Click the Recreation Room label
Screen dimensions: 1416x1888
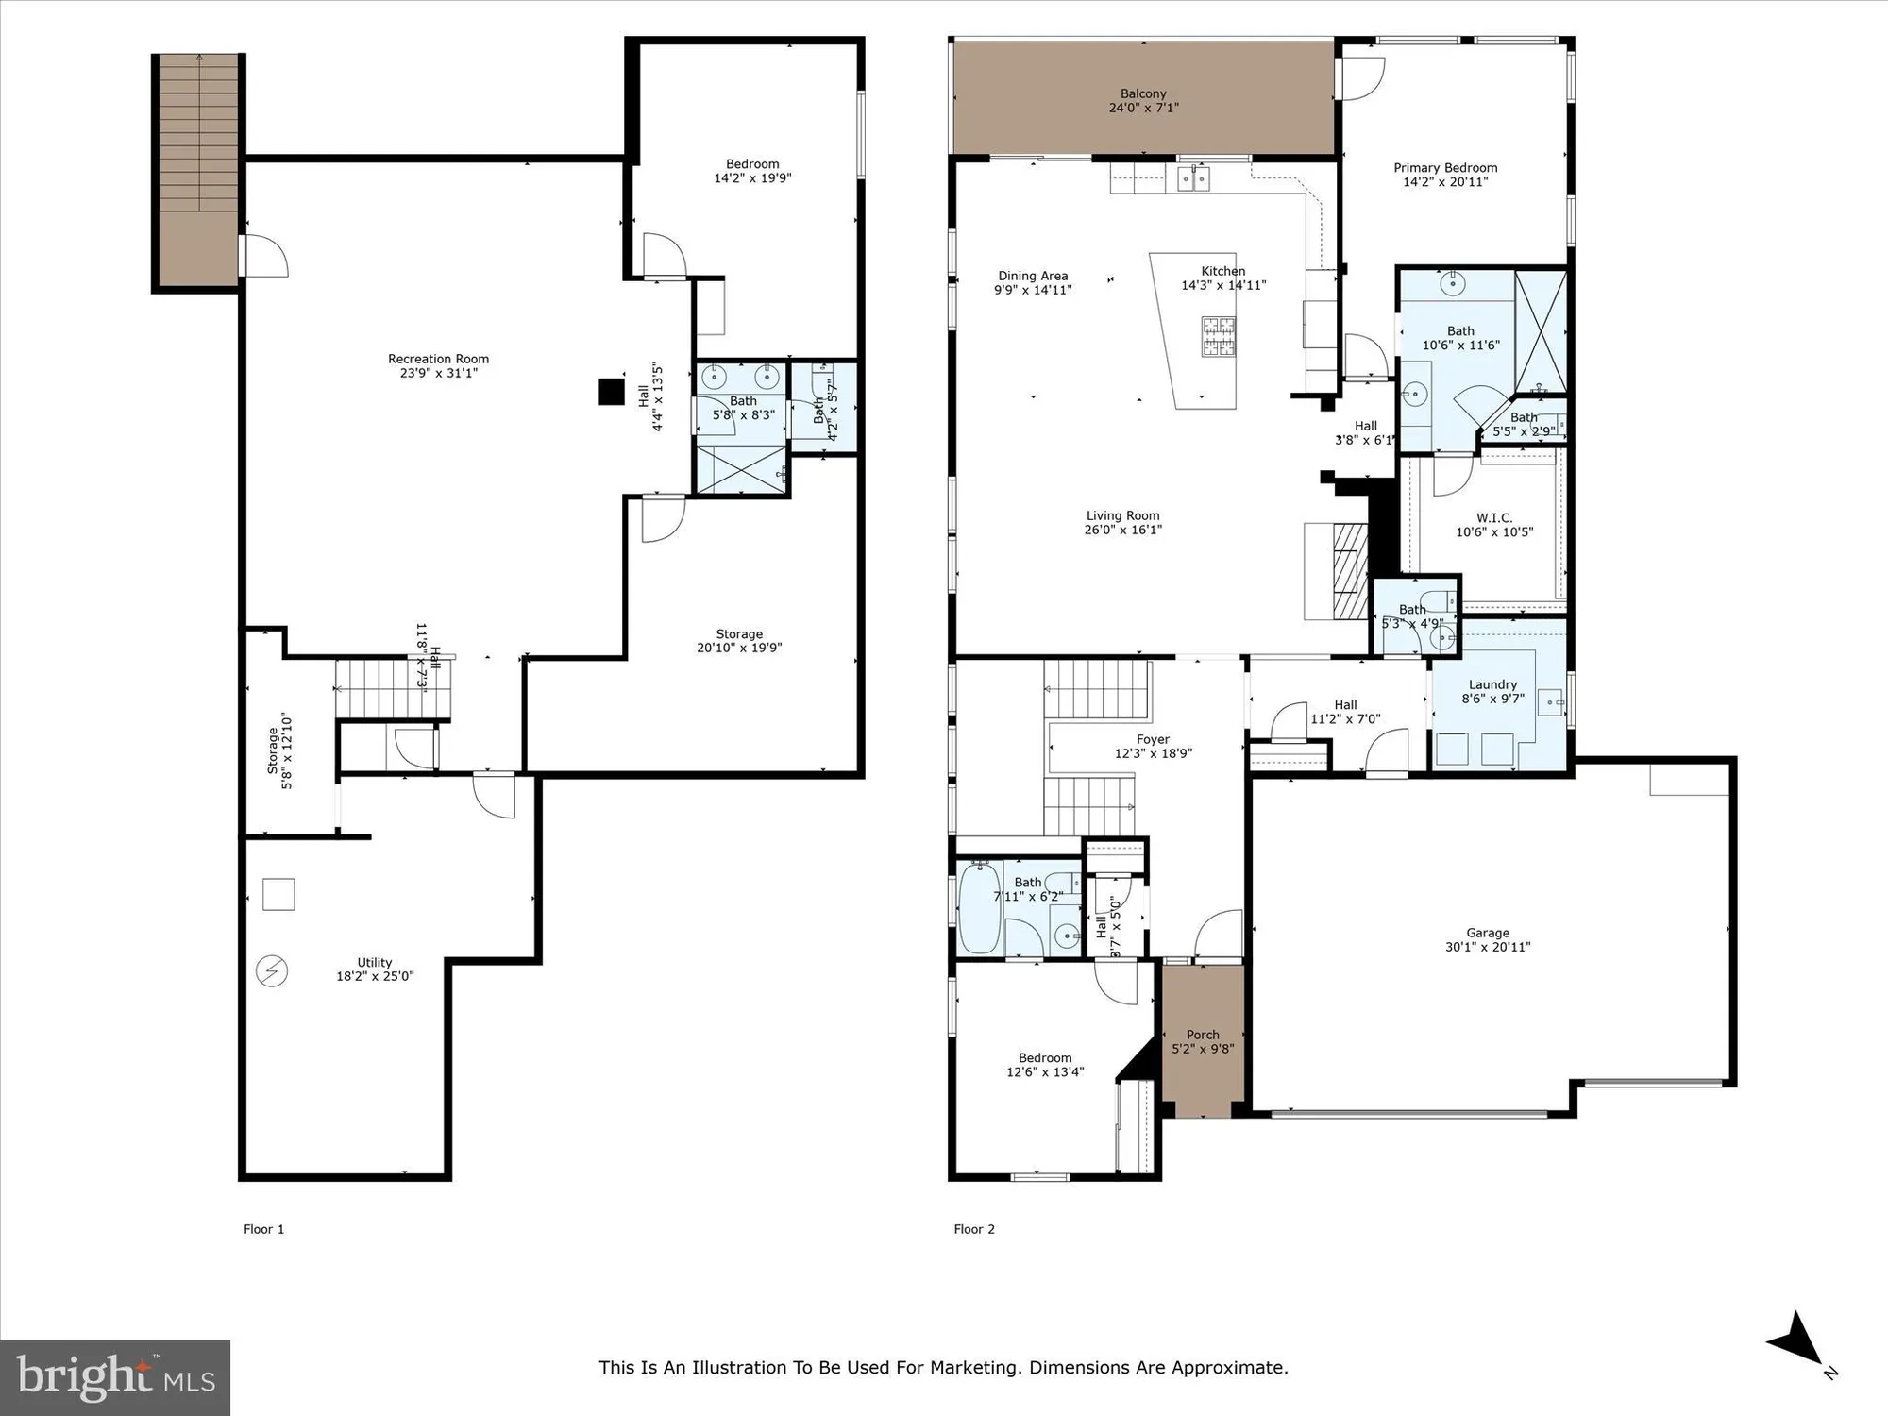coord(438,359)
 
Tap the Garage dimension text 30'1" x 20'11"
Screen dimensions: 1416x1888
coord(1488,947)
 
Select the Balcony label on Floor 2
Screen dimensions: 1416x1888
coord(1143,93)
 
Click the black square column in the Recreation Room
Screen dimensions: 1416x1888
coord(612,391)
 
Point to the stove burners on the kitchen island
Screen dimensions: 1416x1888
coord(1218,336)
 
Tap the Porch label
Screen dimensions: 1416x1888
coord(1203,1035)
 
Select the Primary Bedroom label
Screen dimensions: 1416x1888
coord(1445,168)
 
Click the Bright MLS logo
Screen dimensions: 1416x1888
coord(115,1377)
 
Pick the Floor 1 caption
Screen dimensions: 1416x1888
coord(263,1229)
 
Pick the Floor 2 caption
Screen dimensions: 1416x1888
coord(974,1229)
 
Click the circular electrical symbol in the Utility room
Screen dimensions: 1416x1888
coord(272,971)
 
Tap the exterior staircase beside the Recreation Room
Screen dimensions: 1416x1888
coord(198,170)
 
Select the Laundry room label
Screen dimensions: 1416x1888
coord(1492,684)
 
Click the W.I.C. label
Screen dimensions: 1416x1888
coord(1494,518)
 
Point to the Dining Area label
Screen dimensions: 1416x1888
coord(1033,277)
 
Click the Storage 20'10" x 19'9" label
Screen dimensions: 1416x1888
coord(739,634)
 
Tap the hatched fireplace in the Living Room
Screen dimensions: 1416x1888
coord(1350,570)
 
